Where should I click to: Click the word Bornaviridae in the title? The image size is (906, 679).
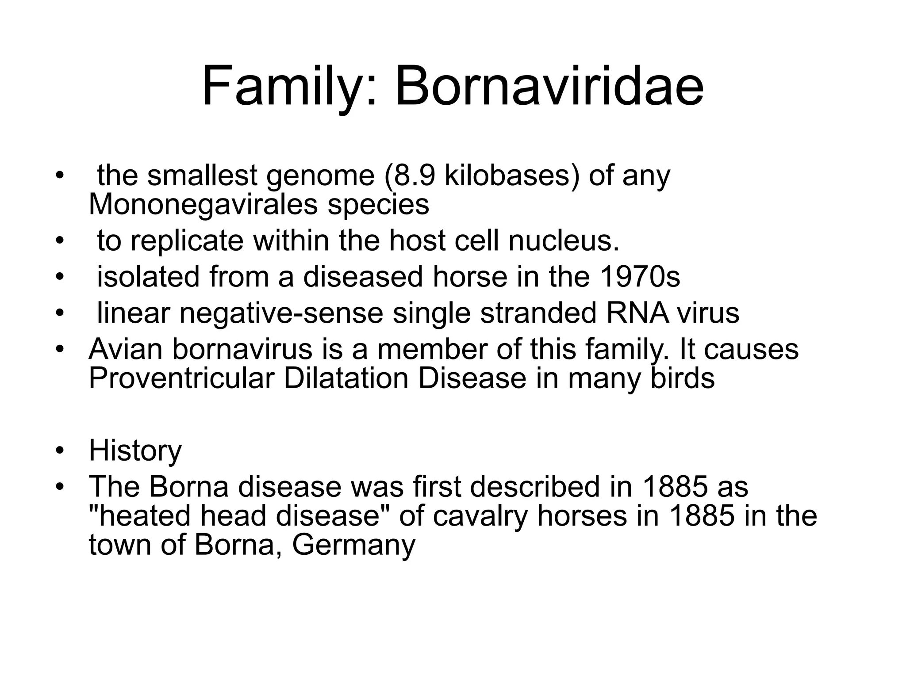point(549,86)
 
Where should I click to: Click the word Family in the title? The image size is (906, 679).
point(283,86)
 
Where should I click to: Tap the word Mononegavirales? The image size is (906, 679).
point(203,204)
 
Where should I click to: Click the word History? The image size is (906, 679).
point(135,451)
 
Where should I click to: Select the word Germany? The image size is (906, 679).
point(354,545)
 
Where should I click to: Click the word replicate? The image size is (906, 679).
point(187,240)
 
